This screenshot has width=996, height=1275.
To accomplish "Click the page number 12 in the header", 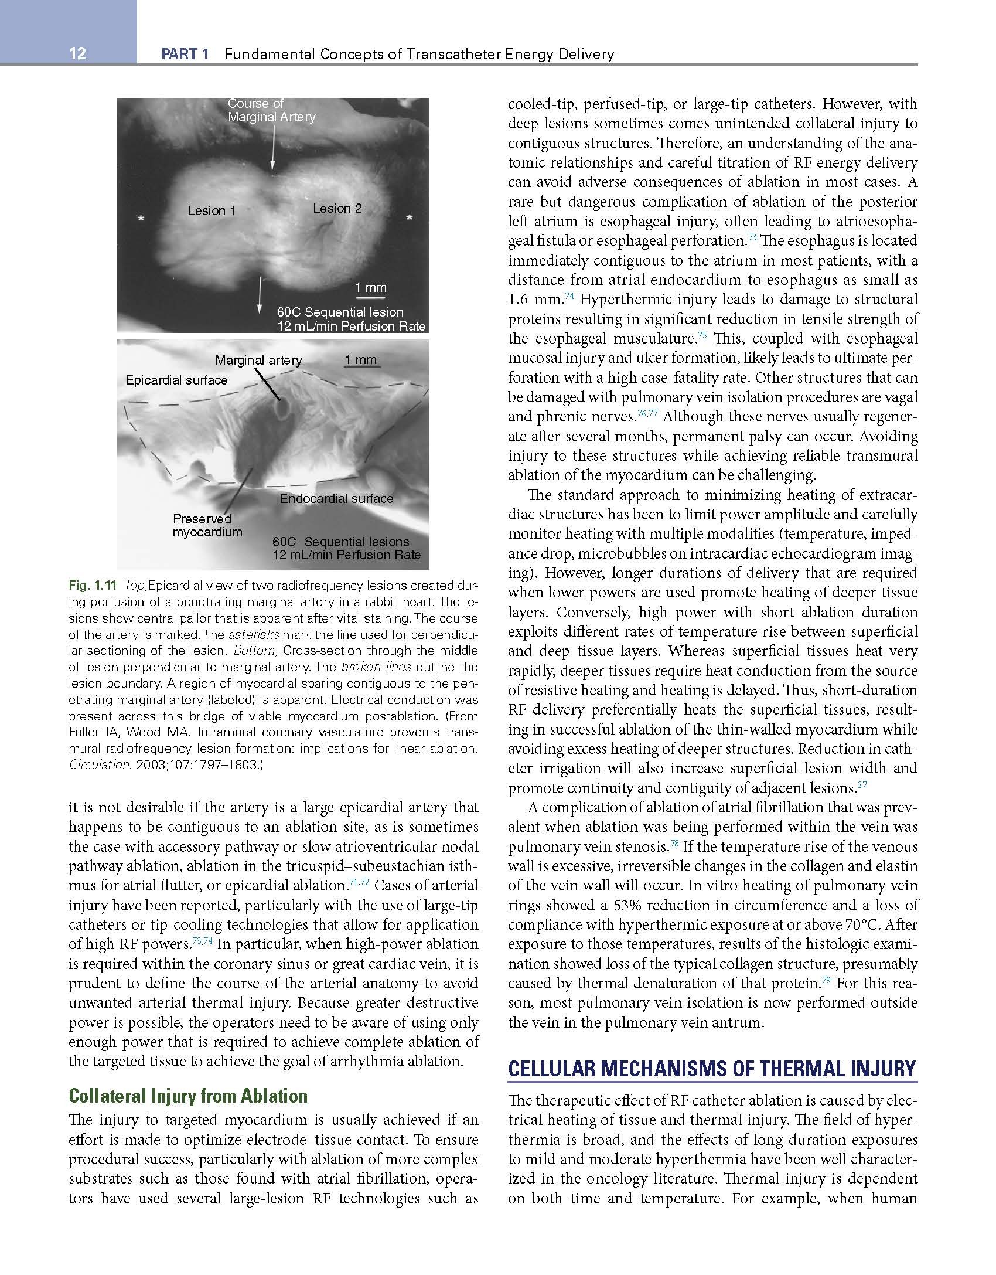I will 77,54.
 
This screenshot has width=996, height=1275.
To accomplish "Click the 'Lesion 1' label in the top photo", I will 212,211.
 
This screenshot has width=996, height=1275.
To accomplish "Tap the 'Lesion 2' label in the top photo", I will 337,209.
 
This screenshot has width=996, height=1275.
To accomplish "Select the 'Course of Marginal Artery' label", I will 271,110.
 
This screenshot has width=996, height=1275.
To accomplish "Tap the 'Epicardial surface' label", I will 176,380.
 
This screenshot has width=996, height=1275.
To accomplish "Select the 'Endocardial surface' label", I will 336,499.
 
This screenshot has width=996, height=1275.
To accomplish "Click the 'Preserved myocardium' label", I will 207,526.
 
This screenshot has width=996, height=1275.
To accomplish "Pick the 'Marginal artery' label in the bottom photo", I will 258,361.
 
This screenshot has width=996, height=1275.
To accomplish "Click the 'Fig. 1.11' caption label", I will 93,585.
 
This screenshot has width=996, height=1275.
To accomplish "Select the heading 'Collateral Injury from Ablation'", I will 188,1096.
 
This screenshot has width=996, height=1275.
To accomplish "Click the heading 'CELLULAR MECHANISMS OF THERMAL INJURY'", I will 712,1069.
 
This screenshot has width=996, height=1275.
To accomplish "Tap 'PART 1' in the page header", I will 185,55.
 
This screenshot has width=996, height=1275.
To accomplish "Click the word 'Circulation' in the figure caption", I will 94,765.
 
